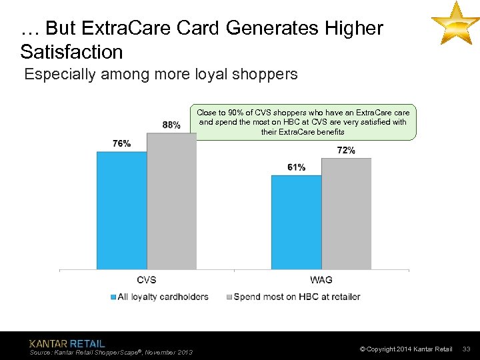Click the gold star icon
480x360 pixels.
tap(455, 23)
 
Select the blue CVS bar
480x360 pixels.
tap(121, 210)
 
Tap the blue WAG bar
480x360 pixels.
tap(296, 222)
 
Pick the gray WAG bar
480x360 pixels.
tap(346, 213)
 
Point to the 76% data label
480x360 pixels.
tap(121, 143)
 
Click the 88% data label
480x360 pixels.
tap(171, 125)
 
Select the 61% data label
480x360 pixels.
tap(296, 167)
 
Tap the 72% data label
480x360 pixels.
tap(346, 150)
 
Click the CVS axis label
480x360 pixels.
tap(146, 280)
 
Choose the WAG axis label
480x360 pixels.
tap(321, 280)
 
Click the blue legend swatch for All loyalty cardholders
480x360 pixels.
tap(113, 297)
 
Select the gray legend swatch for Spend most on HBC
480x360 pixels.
tap(229, 297)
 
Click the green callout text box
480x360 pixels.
tap(303, 122)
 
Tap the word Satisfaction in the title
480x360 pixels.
tap(72, 51)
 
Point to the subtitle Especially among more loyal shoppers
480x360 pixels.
tap(161, 74)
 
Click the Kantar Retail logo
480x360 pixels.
tap(67, 343)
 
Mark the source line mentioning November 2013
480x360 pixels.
tap(111, 352)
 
